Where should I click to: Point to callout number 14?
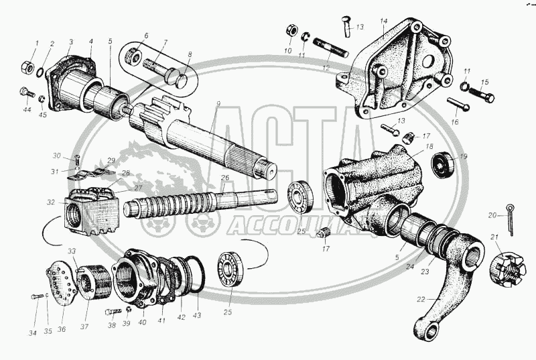coord(384,22)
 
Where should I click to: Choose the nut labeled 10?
coord(291,31)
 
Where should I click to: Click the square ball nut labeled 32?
coord(91,212)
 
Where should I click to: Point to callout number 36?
coord(62,329)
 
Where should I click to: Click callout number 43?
coord(197,316)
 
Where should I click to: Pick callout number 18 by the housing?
coord(429,146)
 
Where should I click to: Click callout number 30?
coord(58,156)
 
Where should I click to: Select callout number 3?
coord(70,42)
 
